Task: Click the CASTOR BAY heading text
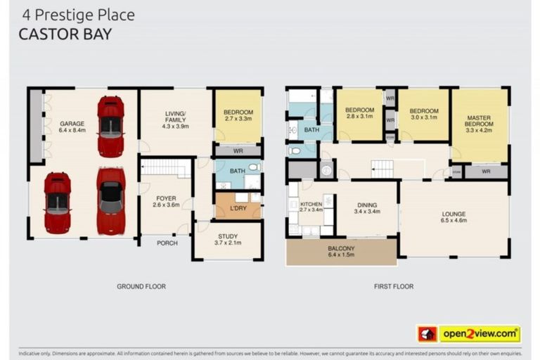point(65,34)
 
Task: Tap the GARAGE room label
point(72,127)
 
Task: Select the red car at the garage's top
point(110,126)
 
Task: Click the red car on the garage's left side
point(57,202)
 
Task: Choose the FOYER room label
point(166,202)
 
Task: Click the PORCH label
point(167,243)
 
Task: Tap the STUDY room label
point(228,240)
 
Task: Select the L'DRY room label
point(238,208)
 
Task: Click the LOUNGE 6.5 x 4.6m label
point(454,217)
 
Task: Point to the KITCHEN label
point(311,207)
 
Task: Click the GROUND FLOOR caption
point(141,286)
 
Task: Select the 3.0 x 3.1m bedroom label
point(424,114)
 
